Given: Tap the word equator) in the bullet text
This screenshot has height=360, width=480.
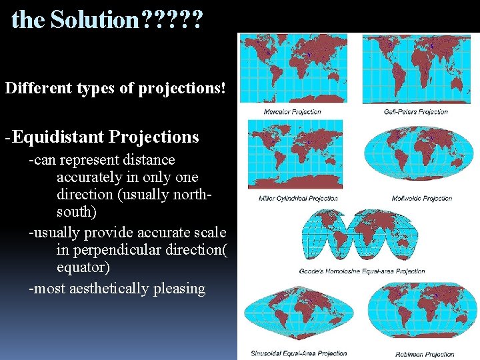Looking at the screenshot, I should [x=83, y=267].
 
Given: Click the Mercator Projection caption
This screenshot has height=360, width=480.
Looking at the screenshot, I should [x=292, y=111].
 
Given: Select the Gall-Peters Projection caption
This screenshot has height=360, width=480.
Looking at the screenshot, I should [x=415, y=111].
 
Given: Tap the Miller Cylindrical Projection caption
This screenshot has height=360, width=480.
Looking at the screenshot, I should [x=298, y=198].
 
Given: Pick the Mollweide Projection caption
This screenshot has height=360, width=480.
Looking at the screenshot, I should [x=423, y=198].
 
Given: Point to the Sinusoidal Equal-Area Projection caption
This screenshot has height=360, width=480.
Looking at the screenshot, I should [x=299, y=353].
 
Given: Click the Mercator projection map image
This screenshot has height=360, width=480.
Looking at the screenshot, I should [x=292, y=69].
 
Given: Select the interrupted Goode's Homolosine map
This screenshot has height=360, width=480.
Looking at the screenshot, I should [x=361, y=235].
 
